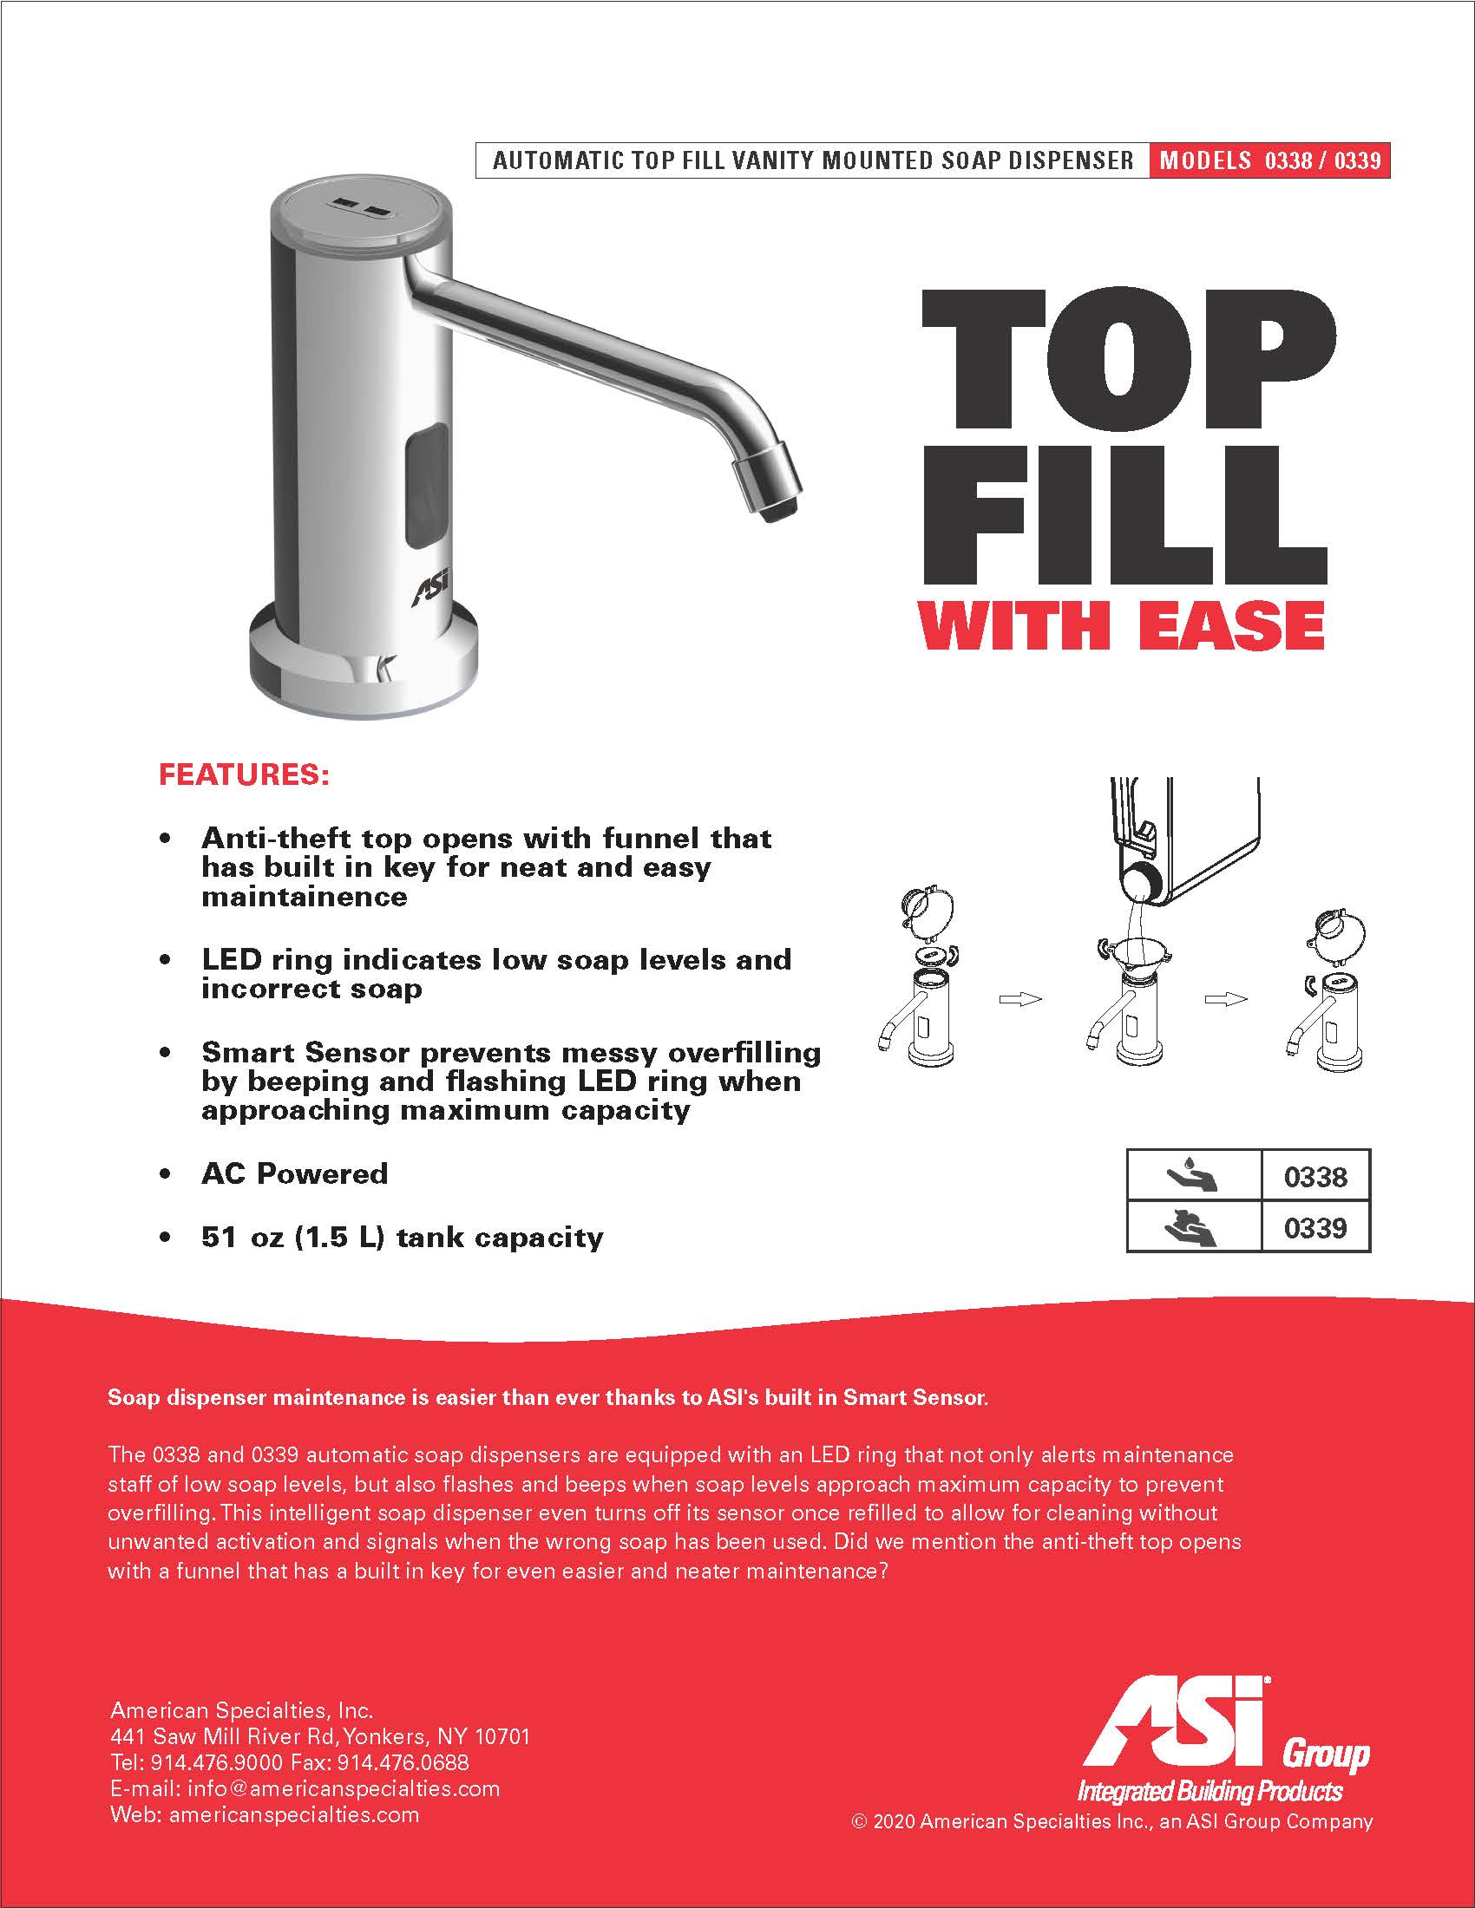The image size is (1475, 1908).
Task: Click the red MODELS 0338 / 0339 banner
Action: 1269,160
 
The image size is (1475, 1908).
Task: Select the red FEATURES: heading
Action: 244,774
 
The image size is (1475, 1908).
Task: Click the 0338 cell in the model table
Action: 1315,1176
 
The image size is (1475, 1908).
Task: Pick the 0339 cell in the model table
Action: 1315,1226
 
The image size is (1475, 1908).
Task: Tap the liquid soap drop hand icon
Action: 1193,1176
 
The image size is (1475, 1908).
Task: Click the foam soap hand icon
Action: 1193,1226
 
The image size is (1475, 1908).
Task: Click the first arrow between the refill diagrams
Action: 1020,998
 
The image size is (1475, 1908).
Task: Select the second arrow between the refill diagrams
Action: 1226,998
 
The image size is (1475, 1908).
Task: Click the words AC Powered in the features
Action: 294,1173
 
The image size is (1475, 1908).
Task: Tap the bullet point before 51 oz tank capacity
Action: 165,1238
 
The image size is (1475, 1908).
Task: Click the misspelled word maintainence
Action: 304,897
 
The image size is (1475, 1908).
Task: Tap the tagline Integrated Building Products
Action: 1209,1791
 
